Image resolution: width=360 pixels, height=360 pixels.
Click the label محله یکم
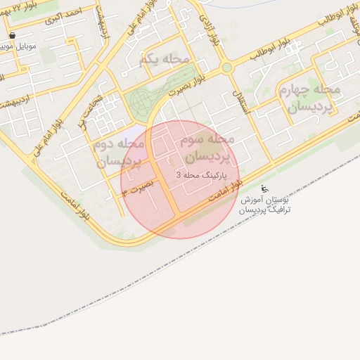[x=165, y=59]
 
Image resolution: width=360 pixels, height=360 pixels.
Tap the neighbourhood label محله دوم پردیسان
[x=118, y=152]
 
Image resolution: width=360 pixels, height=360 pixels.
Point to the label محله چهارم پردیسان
[x=314, y=98]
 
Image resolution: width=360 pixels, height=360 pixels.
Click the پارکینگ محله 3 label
[x=198, y=174]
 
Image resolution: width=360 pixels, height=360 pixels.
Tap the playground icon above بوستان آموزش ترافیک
[x=264, y=188]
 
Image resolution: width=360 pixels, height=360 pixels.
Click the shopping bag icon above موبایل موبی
[x=13, y=34]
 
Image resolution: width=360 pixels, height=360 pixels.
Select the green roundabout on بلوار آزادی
[x=227, y=68]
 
